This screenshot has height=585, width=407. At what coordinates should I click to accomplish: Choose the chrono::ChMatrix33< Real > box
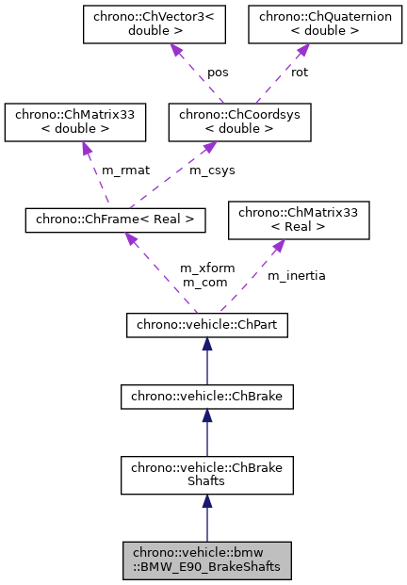(299, 221)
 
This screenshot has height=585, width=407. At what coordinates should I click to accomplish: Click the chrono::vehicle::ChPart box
(206, 326)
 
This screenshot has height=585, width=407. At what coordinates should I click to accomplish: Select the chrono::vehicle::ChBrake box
(206, 398)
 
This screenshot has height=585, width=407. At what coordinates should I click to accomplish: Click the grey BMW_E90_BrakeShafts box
(207, 561)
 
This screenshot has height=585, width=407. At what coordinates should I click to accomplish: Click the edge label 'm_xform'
(203, 268)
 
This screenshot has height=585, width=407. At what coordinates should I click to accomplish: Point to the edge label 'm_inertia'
(296, 276)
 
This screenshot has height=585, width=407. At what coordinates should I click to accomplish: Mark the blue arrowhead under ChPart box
(207, 345)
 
